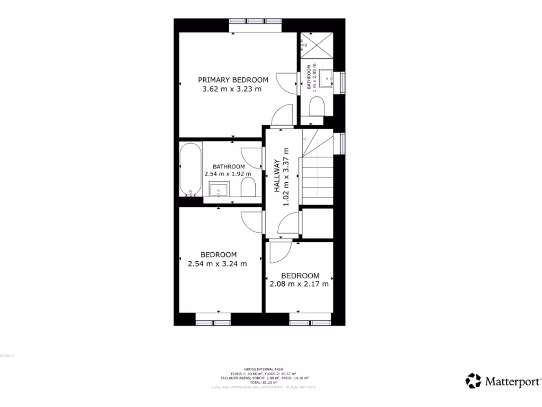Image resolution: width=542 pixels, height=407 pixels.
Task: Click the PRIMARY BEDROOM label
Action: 233,80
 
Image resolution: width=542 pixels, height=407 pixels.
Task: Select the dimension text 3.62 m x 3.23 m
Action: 232,89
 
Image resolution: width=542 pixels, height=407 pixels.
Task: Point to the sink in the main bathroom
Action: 219,189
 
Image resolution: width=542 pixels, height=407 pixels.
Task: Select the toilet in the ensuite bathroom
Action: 317,109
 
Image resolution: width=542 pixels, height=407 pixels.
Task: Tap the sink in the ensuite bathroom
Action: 326,78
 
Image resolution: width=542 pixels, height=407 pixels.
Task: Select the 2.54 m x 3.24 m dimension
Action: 218,263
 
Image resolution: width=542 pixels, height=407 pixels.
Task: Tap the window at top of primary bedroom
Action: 256,22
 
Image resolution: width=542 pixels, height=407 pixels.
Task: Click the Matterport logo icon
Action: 473,381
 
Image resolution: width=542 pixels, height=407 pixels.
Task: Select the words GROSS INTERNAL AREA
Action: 263,369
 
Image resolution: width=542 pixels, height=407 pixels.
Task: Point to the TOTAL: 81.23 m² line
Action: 263,382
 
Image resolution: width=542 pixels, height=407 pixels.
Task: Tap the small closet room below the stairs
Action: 317,223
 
